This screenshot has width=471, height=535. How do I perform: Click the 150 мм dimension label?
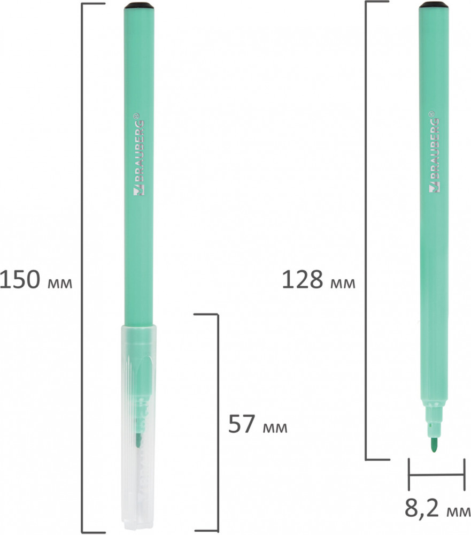(36, 279)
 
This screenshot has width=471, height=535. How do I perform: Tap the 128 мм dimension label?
(319, 280)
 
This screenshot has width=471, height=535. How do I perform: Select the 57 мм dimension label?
(258, 424)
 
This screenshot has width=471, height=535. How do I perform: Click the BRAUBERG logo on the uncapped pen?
(434, 152)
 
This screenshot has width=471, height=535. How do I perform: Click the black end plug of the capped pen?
(138, 5)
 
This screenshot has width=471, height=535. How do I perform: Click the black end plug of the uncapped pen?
(433, 5)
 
